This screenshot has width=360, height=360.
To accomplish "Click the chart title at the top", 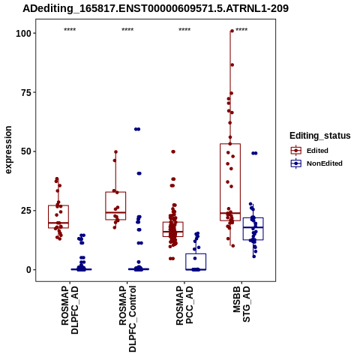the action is pyautogui.click(x=155, y=9).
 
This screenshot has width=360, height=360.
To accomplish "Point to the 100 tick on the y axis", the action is pyautogui.click(x=24, y=33).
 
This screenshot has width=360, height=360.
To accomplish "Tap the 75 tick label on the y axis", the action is pyautogui.click(x=26, y=92).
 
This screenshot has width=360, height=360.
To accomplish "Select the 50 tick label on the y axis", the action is pyautogui.click(x=26, y=151).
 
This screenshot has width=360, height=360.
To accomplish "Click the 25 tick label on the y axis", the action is pyautogui.click(x=26, y=211).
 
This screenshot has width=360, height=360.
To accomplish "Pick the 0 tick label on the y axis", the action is pyautogui.click(x=29, y=270).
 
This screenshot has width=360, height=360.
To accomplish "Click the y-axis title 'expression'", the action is pyautogui.click(x=8, y=150).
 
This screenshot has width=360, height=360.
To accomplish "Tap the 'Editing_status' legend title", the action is pyautogui.click(x=320, y=136).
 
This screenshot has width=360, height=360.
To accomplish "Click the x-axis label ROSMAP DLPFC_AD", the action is pyautogui.click(x=70, y=310).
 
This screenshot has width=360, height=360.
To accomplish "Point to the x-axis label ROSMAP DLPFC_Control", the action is pyautogui.click(x=127, y=319).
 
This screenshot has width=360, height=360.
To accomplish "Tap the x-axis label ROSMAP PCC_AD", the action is pyautogui.click(x=184, y=305).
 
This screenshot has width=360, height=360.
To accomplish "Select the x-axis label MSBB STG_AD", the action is pyautogui.click(x=241, y=304).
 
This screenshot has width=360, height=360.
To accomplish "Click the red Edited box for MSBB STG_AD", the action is pyautogui.click(x=230, y=182).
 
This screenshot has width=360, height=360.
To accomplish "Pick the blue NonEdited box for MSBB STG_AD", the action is pyautogui.click(x=253, y=229).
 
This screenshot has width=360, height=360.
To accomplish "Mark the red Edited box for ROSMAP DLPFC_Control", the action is pyautogui.click(x=115, y=205).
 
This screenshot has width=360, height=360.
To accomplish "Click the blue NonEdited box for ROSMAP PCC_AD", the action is pyautogui.click(x=196, y=262).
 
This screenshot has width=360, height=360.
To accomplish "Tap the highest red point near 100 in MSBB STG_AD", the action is pyautogui.click(x=232, y=31).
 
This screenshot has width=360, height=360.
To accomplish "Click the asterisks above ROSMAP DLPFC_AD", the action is pyautogui.click(x=70, y=30).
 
